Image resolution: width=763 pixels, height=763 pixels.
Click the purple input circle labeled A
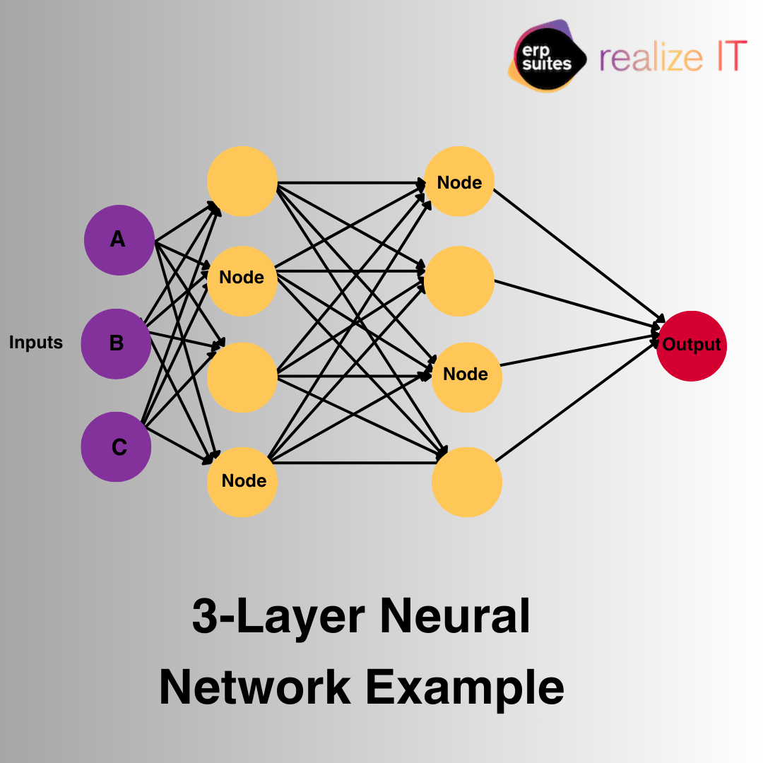coord(119,240)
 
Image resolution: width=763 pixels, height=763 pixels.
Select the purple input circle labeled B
coord(116,344)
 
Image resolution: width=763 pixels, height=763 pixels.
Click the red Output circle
coord(691,345)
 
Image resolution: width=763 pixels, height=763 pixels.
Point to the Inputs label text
coord(36,343)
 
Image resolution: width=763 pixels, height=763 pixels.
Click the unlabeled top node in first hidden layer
coord(242,182)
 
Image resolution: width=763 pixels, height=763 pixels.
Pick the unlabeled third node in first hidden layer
coord(242,377)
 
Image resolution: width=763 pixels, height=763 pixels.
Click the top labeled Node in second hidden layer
coord(459,182)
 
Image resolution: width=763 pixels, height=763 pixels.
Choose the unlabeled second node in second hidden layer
coord(459,280)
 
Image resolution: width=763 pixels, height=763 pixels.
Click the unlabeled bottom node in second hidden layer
coord(466,482)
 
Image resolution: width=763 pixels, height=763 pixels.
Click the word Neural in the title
coord(455,616)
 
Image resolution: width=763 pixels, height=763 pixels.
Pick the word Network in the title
coord(255,686)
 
